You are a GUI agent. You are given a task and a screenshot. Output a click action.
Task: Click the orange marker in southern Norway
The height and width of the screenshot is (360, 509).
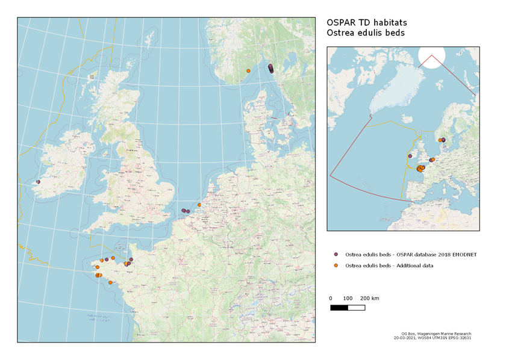click(248, 71)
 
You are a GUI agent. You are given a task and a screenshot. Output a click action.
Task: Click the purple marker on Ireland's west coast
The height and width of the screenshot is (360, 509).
click(38, 181)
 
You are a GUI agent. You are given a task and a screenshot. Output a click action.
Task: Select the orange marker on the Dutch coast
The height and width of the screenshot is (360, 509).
click(199, 205)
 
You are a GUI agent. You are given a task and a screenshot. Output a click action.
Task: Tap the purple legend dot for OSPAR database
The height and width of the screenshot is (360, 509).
click(336, 255)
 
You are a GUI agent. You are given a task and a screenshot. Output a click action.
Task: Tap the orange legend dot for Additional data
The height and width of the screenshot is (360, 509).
click(336, 265)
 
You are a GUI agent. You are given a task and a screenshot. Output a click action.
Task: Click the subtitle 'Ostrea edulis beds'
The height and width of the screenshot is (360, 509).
click(365, 33)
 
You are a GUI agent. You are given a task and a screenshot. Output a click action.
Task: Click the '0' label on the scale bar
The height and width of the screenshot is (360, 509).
click(331, 299)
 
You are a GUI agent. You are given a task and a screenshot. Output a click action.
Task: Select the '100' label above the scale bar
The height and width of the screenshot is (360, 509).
click(348, 299)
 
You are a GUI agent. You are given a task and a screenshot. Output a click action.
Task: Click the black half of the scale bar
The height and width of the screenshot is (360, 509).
click(339, 308)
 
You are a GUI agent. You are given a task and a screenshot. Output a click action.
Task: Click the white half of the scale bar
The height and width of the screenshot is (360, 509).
click(356, 308)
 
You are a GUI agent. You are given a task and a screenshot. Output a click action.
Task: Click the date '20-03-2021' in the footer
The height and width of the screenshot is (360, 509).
click(406, 338)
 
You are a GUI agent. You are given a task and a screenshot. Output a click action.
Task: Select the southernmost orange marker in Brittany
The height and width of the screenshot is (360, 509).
click(110, 282)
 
